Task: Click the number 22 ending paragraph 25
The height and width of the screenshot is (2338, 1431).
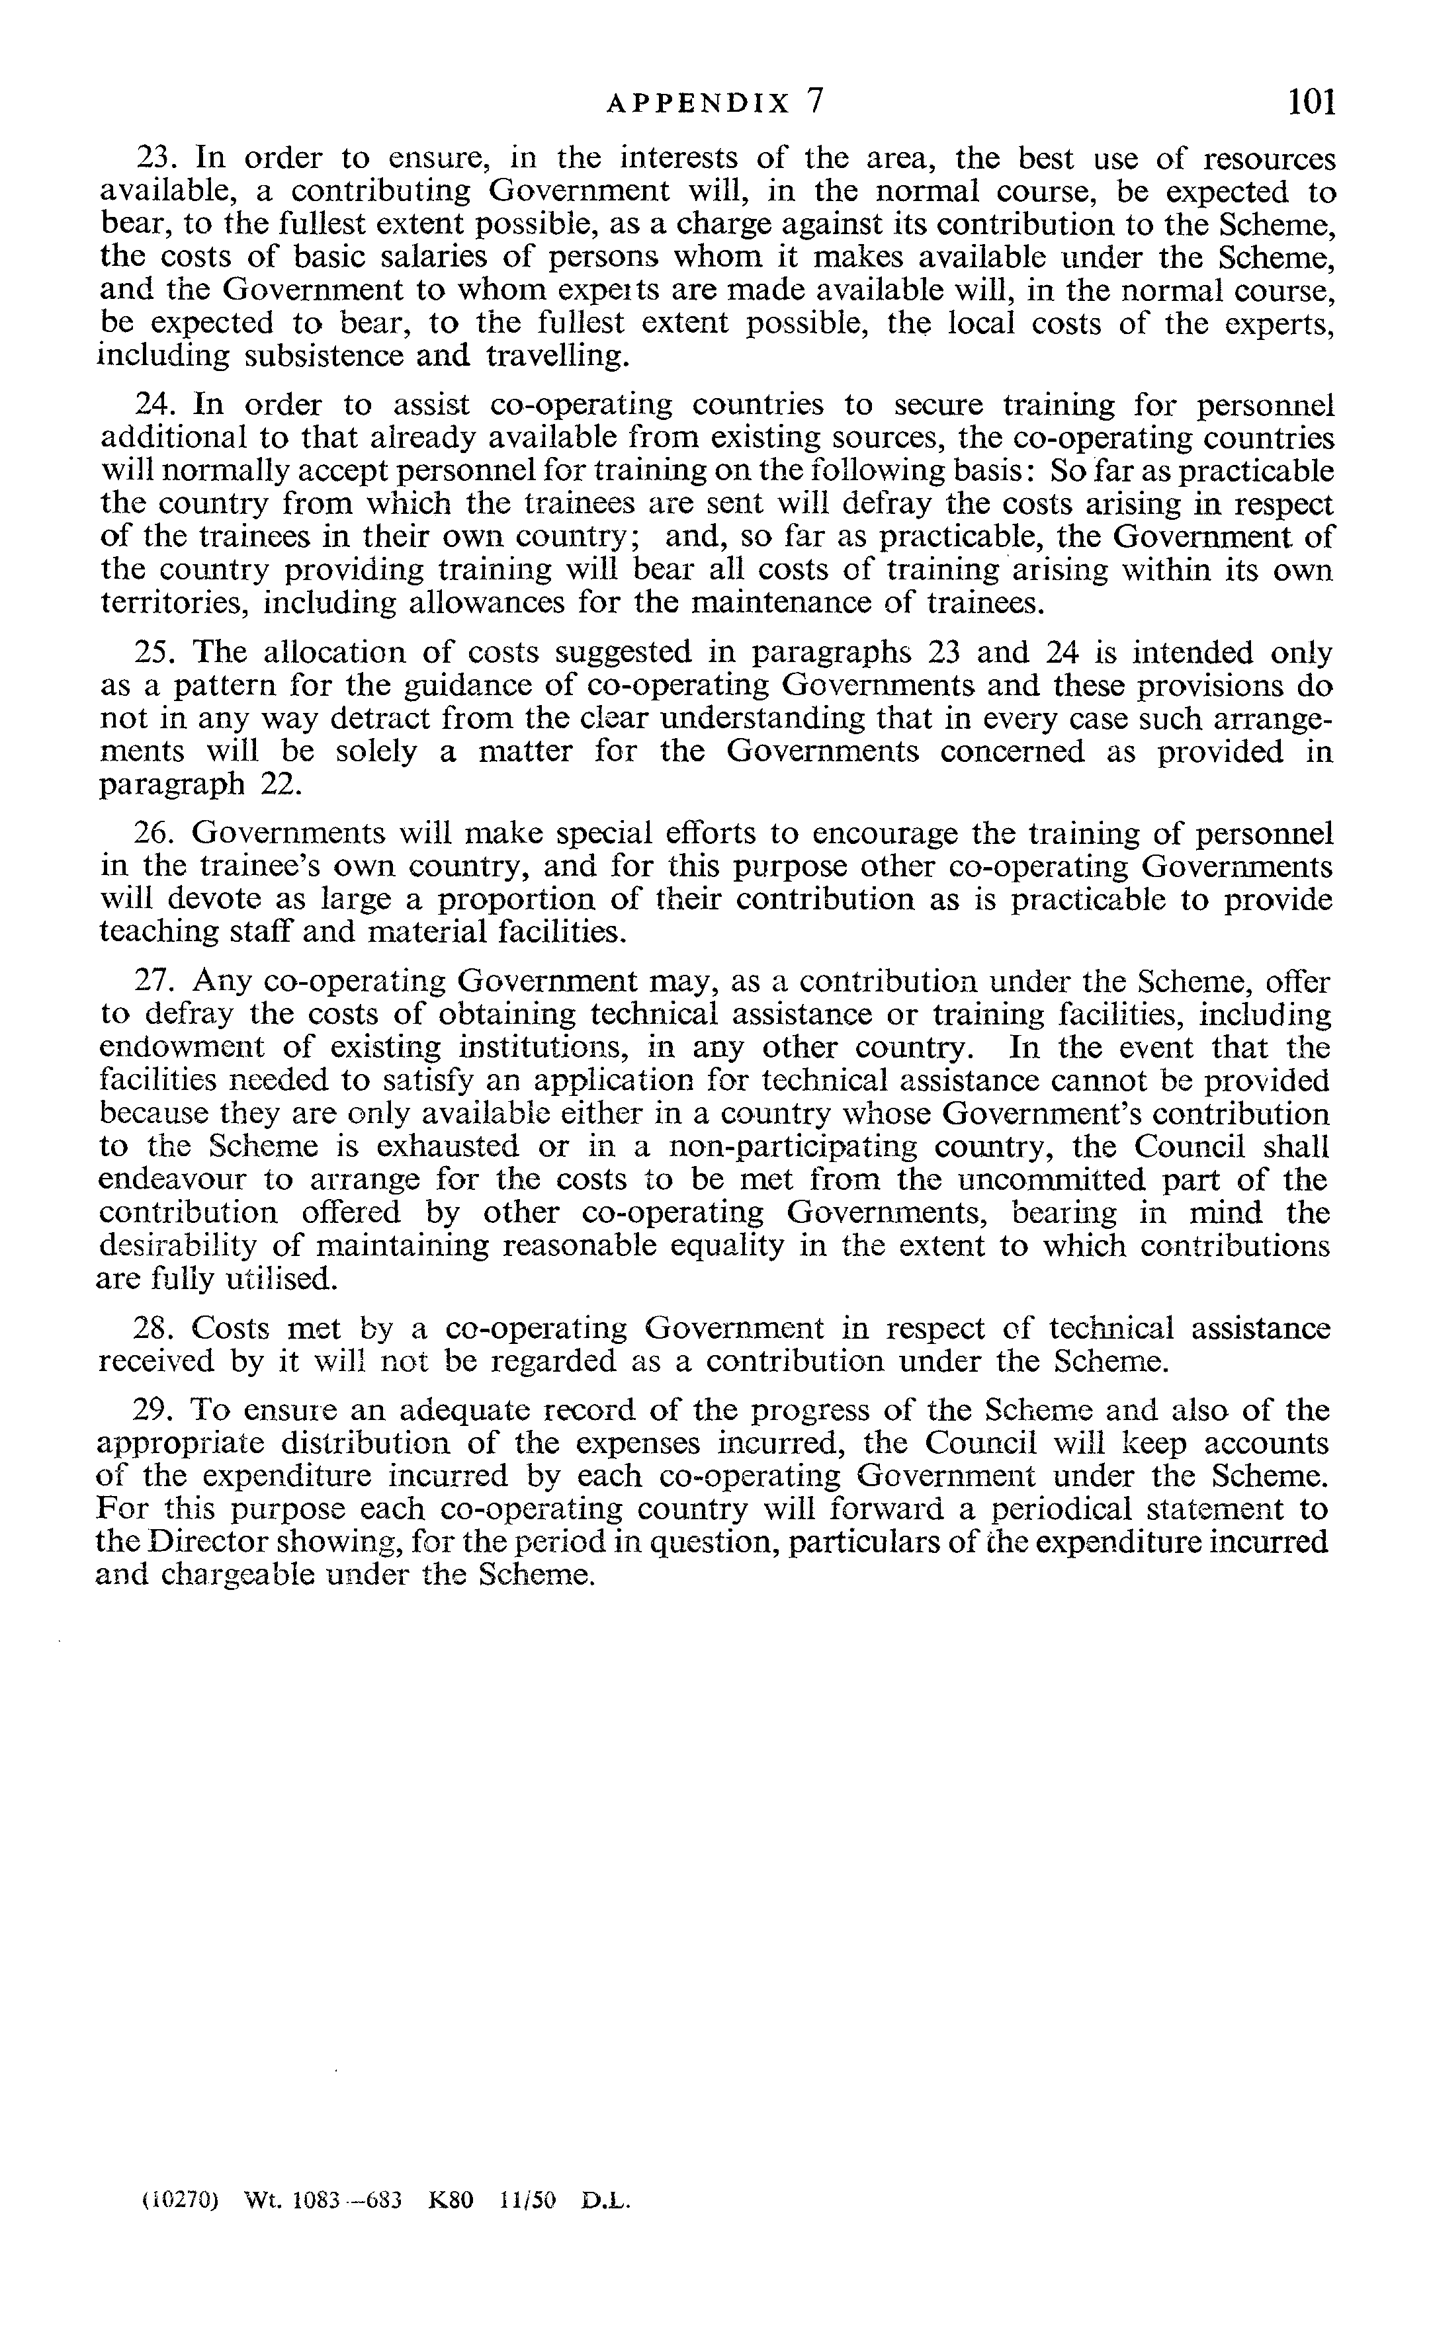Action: tap(280, 784)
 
